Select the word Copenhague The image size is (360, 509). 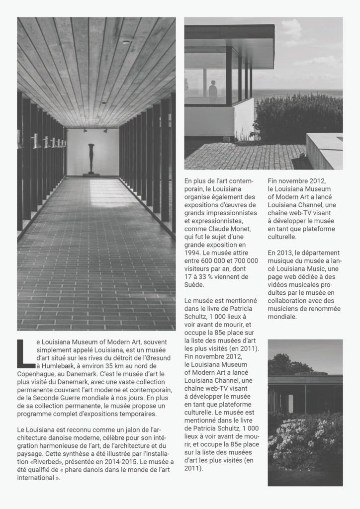[x=36, y=373]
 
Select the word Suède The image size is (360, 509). [x=194, y=285]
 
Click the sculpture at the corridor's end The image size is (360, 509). [x=91, y=158]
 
